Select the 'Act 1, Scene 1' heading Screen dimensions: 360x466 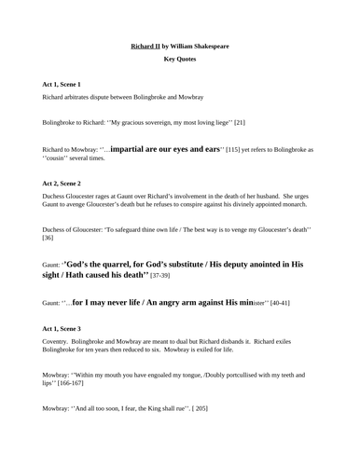coord(62,84)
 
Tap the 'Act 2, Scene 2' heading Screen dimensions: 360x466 coord(62,170)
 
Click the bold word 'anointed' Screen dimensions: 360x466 coord(261,264)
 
